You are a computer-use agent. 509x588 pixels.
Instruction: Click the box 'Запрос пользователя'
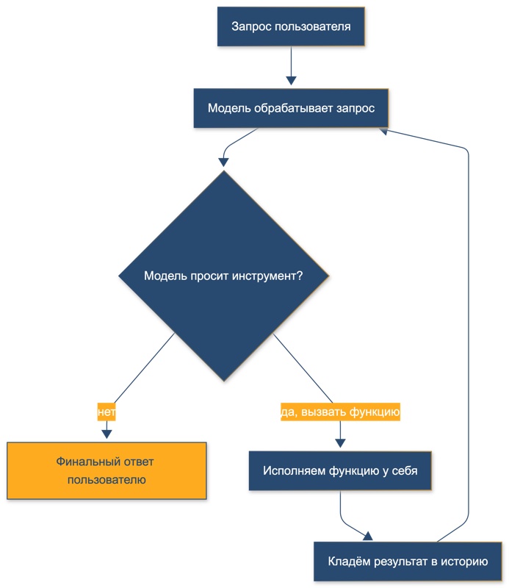pos(291,26)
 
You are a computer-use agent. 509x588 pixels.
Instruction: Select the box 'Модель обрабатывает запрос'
pos(291,108)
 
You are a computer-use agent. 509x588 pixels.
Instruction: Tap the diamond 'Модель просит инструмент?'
pos(224,276)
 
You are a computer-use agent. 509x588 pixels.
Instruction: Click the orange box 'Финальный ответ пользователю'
pos(107,470)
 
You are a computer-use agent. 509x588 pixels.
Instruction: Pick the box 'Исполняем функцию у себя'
pos(340,470)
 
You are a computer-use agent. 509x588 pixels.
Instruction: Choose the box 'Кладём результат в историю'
pos(408,562)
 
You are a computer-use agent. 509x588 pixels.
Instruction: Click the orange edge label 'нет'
pos(107,412)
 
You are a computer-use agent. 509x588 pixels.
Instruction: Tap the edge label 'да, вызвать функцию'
pos(340,412)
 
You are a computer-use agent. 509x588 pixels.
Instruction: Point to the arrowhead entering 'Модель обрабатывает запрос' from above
pos(292,81)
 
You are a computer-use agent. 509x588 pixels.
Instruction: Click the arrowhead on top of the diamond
pos(224,162)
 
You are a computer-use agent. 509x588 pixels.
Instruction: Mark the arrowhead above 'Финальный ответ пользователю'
pos(107,434)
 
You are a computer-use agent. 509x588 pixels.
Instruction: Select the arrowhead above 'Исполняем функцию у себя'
pos(340,443)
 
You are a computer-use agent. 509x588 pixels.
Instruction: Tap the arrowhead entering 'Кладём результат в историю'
pos(368,537)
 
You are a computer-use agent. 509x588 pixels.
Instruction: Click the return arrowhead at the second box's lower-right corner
pos(383,132)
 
